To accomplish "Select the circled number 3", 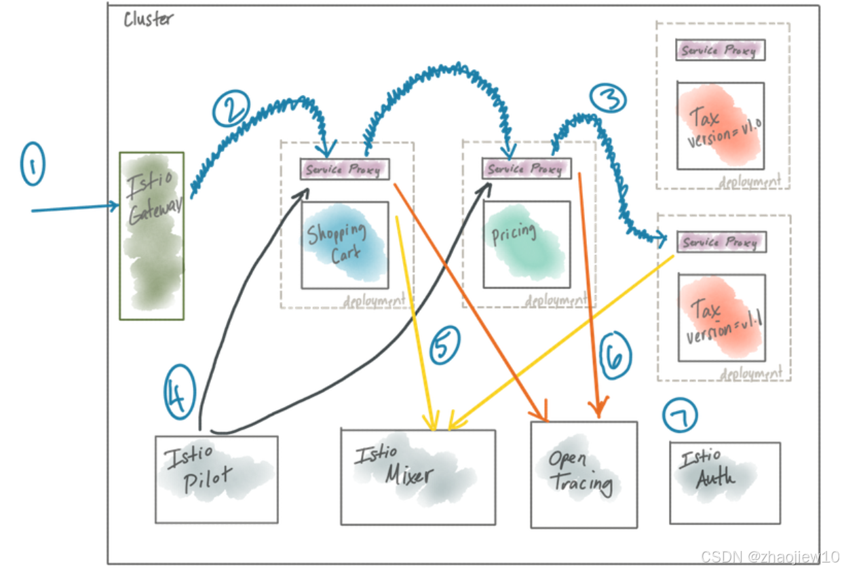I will click(607, 100).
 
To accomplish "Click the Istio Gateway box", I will click(152, 235).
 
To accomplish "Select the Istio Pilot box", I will click(216, 479).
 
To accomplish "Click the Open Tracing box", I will click(583, 474).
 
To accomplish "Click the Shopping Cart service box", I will click(345, 245).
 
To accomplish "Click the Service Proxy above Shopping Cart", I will click(345, 170).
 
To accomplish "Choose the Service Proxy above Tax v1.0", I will click(721, 50).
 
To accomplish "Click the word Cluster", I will click(148, 19).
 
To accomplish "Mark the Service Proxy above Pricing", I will click(527, 168).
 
